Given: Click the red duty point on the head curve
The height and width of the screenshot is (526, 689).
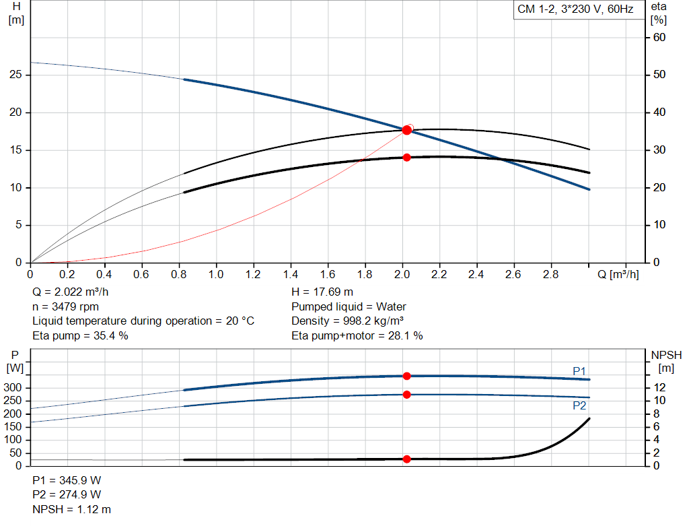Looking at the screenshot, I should [x=406, y=130].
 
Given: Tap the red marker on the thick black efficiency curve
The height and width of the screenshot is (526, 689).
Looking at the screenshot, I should [x=406, y=158].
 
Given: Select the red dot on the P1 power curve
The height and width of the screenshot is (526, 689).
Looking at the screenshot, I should [x=406, y=376].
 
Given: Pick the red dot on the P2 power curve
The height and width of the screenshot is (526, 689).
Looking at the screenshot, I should [x=406, y=395].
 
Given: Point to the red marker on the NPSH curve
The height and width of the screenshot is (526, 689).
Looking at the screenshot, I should [x=406, y=459].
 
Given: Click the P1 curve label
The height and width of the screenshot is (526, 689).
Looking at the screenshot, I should [x=579, y=371].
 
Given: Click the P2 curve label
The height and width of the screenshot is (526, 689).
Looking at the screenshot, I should [x=579, y=406].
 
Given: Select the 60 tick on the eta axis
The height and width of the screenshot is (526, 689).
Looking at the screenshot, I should [x=659, y=38].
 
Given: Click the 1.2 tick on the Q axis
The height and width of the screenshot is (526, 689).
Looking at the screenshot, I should [x=253, y=275].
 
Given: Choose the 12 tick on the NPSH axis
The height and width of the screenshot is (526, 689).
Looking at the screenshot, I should [x=661, y=387].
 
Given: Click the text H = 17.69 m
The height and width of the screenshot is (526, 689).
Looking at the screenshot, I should [x=322, y=292].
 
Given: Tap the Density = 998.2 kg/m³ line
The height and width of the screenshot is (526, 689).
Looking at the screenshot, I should [x=347, y=321].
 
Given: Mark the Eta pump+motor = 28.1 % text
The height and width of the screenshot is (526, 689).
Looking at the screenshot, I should [x=357, y=335].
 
